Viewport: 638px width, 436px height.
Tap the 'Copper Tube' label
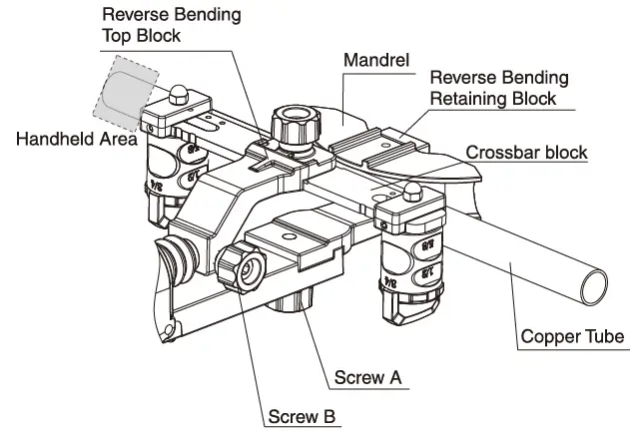click(x=572, y=336)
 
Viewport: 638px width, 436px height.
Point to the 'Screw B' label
click(x=302, y=415)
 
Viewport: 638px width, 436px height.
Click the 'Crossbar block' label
click(x=528, y=152)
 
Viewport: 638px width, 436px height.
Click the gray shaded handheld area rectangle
click(x=123, y=91)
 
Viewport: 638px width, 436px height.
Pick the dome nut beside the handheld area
click(x=177, y=94)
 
